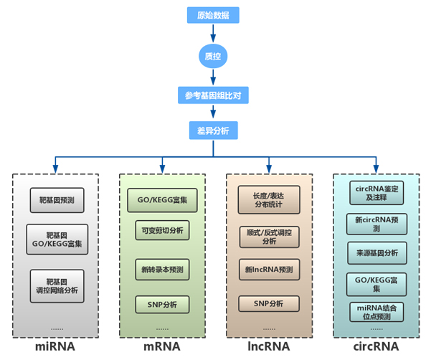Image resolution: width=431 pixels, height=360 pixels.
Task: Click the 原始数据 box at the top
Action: (x=212, y=14)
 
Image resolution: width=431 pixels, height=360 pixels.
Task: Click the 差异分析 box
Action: (x=212, y=131)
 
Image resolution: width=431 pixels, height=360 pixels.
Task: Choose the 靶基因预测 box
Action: (x=57, y=200)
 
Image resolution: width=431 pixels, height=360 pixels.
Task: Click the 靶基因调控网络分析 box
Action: (x=57, y=285)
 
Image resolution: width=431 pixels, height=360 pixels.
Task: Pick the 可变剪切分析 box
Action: (x=161, y=230)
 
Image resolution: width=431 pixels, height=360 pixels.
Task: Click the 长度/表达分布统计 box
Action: (x=269, y=200)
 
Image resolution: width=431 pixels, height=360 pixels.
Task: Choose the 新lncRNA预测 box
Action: (x=269, y=270)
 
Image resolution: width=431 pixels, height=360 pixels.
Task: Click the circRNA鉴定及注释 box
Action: (x=376, y=193)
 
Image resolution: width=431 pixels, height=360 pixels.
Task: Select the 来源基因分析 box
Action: (x=376, y=252)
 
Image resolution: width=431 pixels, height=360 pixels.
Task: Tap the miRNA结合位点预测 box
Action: (x=376, y=312)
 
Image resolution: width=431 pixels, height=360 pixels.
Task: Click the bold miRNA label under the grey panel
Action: (x=55, y=348)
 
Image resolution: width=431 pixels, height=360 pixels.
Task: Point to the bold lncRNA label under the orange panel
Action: (x=269, y=348)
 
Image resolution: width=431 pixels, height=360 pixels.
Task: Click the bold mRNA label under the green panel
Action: (x=162, y=348)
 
